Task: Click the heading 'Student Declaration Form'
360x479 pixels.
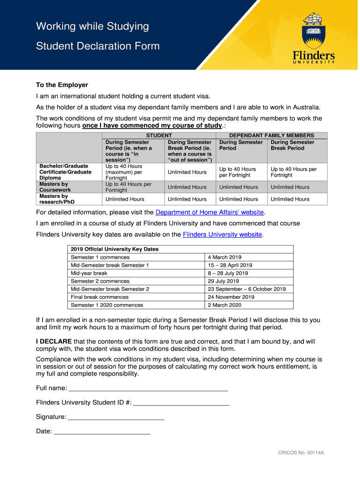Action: tap(98, 46)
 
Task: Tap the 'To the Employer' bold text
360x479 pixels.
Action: tap(62, 85)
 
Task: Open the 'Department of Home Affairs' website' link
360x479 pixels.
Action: tap(210, 212)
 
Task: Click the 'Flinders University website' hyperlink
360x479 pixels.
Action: tap(222, 234)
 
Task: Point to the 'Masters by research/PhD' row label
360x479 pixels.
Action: tap(57, 199)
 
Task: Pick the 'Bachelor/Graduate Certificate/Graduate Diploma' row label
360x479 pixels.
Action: tap(65, 172)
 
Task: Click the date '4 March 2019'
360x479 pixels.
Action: tap(225, 257)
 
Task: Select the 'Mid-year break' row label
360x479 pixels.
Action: tap(89, 273)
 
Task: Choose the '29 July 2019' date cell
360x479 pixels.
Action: tap(223, 281)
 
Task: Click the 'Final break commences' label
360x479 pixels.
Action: tap(100, 297)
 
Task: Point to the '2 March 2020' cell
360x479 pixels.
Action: tap(225, 305)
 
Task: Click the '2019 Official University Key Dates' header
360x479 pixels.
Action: tap(115, 249)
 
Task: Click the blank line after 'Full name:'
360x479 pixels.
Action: tap(148, 388)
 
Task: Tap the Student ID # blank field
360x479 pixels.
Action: tap(181, 403)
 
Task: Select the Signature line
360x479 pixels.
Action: tap(116, 417)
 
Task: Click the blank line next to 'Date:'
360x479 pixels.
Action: tap(102, 431)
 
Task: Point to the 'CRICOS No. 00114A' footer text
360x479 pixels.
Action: tap(301, 453)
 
